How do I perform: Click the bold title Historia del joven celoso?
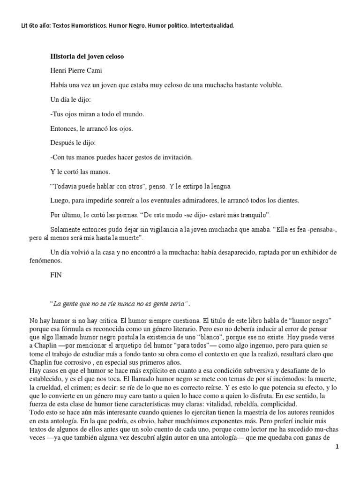[87, 57]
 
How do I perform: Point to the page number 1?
[350, 447]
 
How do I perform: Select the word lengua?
[218, 187]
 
